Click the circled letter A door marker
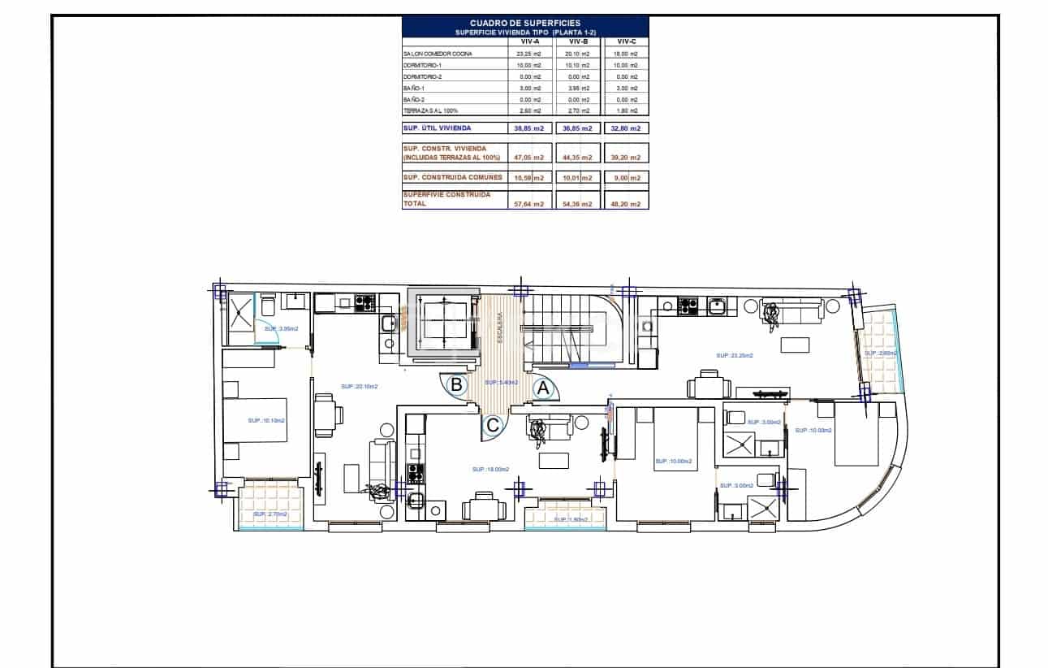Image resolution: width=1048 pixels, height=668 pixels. tap(544, 389)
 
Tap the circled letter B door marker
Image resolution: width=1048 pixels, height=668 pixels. tap(457, 384)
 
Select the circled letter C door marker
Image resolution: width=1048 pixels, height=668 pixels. tap(492, 423)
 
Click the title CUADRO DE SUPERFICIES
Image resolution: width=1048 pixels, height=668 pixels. tap(525, 24)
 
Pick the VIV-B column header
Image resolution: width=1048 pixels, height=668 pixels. tap(577, 41)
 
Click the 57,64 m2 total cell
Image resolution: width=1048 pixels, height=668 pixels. tap(528, 204)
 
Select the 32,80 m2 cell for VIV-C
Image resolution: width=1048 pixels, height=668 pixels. tap(628, 128)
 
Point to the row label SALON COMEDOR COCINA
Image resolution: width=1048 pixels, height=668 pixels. tap(436, 54)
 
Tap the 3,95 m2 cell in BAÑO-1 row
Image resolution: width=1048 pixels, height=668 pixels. tap(579, 88)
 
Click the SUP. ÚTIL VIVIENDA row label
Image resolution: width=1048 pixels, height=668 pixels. tap(437, 128)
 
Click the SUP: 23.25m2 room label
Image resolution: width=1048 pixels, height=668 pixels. tap(734, 355)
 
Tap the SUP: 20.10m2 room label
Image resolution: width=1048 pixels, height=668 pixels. tap(359, 387)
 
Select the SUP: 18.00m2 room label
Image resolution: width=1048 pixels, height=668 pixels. tap(490, 469)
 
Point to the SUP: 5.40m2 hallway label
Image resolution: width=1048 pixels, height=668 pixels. tap(502, 382)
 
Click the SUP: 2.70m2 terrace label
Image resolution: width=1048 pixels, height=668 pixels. tap(270, 514)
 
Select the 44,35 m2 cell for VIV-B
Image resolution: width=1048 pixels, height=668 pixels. tap(579, 158)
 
